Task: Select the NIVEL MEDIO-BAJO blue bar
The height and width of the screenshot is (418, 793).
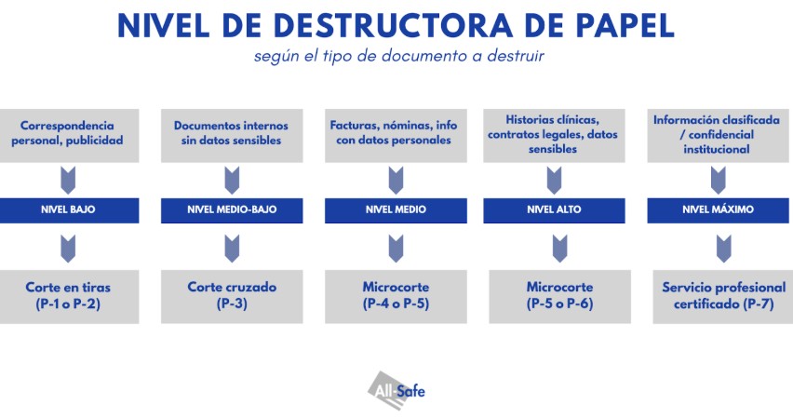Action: [232, 210]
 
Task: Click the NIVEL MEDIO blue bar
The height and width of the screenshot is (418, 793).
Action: [395, 210]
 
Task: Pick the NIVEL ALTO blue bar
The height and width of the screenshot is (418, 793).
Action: [554, 210]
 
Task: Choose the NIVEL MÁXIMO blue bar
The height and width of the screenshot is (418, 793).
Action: [718, 210]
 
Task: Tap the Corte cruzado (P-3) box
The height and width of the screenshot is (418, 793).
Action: [232, 296]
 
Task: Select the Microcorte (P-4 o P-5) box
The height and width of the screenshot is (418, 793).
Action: [395, 296]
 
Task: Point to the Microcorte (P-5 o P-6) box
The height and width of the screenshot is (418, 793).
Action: [558, 296]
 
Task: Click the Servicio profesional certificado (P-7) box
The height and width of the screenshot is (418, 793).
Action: [722, 296]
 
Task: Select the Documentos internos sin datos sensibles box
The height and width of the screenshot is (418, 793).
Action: [232, 134]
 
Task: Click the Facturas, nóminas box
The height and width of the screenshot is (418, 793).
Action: [395, 134]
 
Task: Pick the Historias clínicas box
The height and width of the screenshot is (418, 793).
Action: [554, 134]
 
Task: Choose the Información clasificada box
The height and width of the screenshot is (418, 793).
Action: [718, 134]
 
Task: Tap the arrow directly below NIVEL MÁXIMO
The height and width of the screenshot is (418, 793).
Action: [719, 248]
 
